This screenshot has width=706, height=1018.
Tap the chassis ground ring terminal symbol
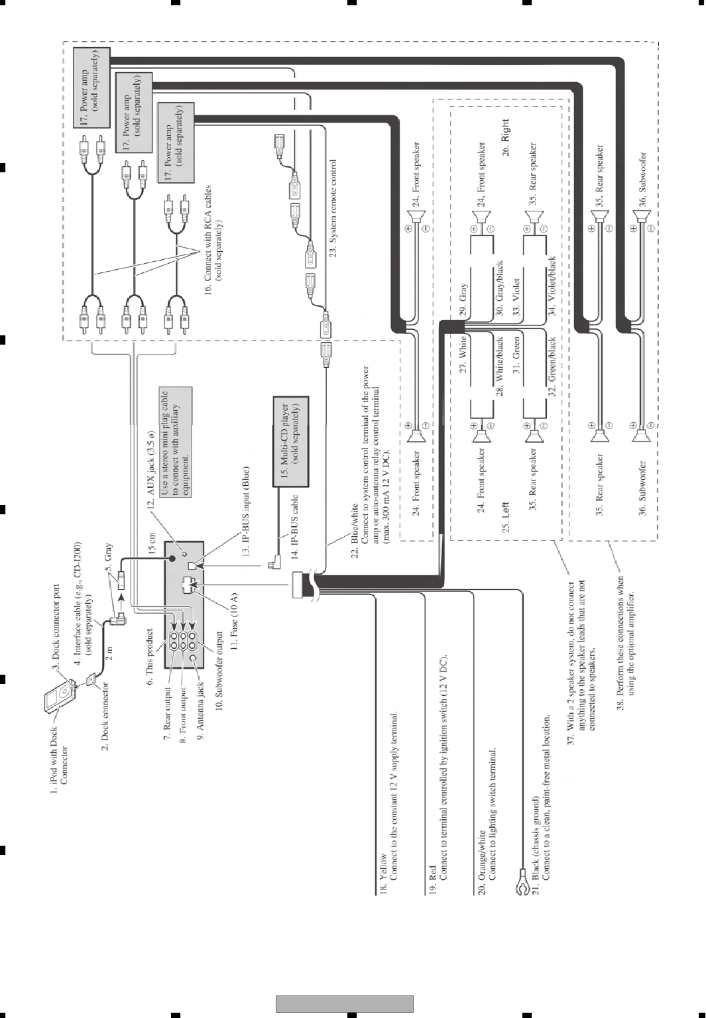point(520,888)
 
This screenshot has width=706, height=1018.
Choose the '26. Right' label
point(506,137)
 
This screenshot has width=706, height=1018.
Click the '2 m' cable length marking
point(111,654)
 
